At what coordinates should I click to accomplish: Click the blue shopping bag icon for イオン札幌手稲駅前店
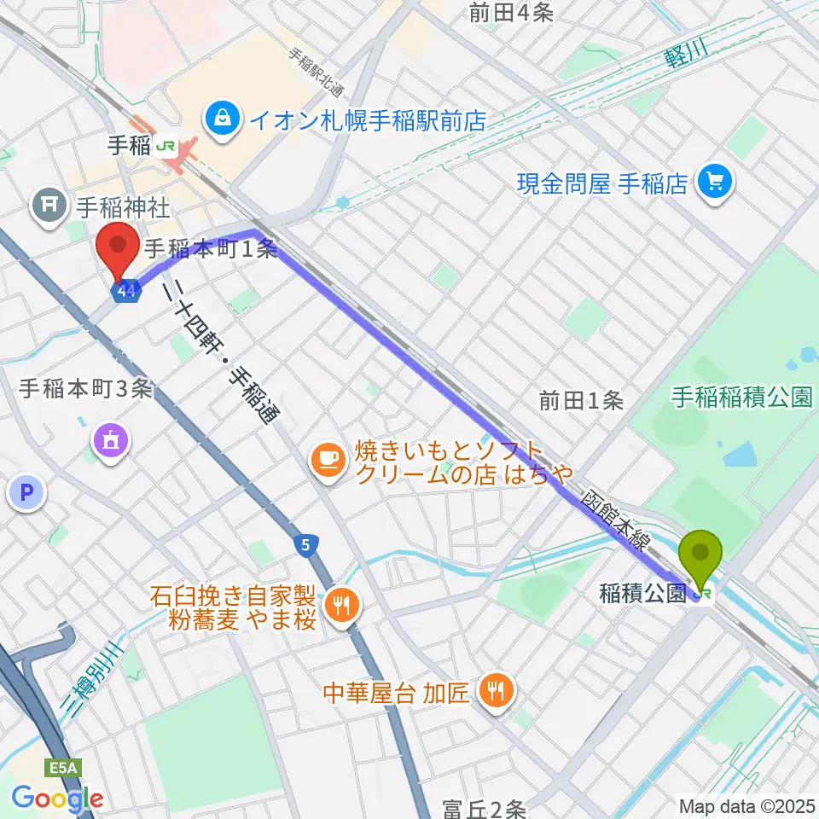pyautogui.click(x=223, y=118)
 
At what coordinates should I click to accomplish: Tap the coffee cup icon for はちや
pyautogui.click(x=327, y=462)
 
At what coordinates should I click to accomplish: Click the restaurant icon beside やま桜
pyautogui.click(x=344, y=607)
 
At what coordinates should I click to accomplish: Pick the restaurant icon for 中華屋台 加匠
pyautogui.click(x=495, y=691)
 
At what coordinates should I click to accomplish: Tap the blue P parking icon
pyautogui.click(x=26, y=493)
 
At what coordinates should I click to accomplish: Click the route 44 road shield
pyautogui.click(x=127, y=292)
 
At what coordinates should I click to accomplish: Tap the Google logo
pyautogui.click(x=57, y=799)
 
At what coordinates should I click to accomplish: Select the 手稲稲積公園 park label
pyautogui.click(x=741, y=398)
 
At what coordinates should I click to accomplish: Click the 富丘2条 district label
pyautogui.click(x=485, y=807)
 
